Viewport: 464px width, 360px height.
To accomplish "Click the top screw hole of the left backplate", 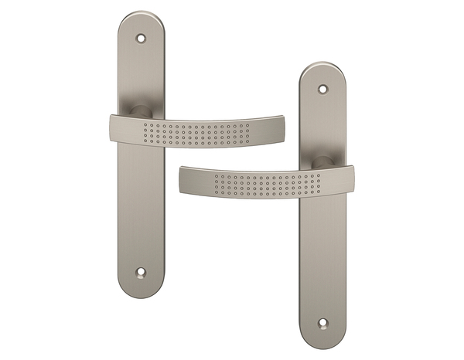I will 141,37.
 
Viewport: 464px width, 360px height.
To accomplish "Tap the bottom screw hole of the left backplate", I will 141,271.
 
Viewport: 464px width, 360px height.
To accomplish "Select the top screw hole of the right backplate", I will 322,90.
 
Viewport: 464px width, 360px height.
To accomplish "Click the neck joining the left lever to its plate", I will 135,110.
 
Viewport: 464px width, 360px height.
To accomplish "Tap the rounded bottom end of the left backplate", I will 140,290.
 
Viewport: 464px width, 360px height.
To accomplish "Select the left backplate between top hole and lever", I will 140,73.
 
